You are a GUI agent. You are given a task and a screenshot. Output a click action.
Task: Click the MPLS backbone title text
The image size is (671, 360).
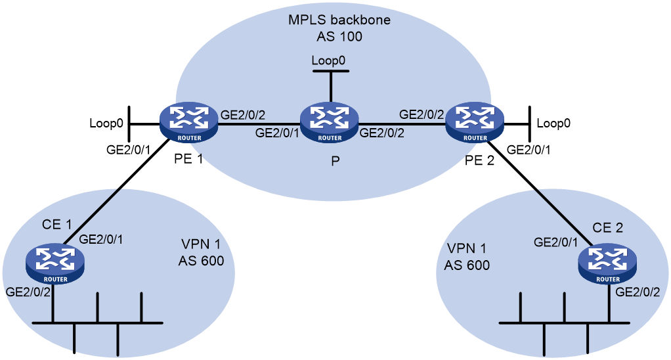pyautogui.click(x=339, y=20)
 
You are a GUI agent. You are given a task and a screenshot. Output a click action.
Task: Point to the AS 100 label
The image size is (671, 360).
pyautogui.click(x=339, y=36)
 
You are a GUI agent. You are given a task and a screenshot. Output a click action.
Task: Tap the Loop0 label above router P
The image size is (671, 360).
pyautogui.click(x=328, y=60)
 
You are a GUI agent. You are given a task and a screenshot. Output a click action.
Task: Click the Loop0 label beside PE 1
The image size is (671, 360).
pyautogui.click(x=106, y=124)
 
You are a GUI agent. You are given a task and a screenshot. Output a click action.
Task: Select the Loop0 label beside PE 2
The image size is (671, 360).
pyautogui.click(x=553, y=124)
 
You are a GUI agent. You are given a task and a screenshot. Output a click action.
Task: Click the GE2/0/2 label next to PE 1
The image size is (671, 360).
pyautogui.click(x=243, y=115)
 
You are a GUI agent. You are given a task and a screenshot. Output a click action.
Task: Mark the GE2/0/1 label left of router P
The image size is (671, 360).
pyautogui.click(x=277, y=133)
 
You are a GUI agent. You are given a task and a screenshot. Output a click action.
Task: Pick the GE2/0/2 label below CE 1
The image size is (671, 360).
pyautogui.click(x=28, y=292)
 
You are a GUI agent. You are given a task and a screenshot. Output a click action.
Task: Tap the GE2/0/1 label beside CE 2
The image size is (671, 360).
pyautogui.click(x=555, y=242)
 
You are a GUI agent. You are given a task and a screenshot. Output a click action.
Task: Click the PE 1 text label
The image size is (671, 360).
pyautogui.click(x=188, y=159)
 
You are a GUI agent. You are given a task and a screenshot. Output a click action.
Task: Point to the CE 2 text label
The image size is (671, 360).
pyautogui.click(x=608, y=228)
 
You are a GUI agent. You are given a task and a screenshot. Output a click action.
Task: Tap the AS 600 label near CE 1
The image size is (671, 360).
pyautogui.click(x=201, y=260)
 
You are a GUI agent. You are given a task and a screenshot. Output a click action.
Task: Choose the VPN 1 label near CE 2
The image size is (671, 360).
pyautogui.click(x=466, y=248)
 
